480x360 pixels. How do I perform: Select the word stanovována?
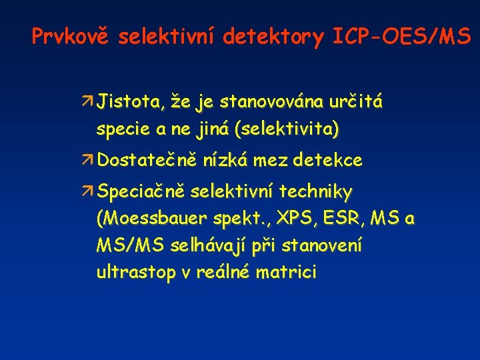point(271,103)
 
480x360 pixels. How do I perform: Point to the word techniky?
point(315,193)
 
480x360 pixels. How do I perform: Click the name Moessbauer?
point(153,219)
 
